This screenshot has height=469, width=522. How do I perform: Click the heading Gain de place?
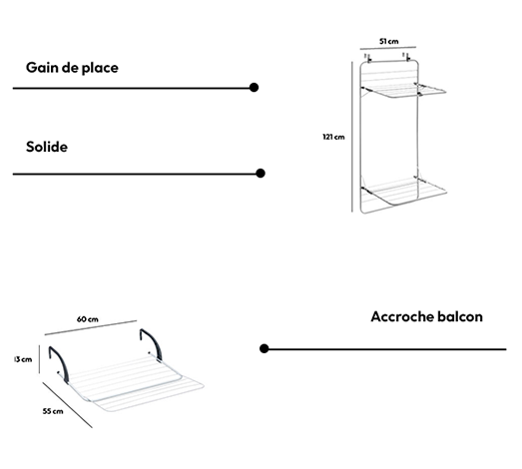pos(72,68)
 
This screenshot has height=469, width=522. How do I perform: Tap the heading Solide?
pos(47,147)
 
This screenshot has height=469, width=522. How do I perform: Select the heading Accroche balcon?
pos(427,316)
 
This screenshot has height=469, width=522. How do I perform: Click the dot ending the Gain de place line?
pos(254,88)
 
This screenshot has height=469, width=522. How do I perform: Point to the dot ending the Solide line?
pos(261,173)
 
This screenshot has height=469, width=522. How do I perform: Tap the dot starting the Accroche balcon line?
pos(264,348)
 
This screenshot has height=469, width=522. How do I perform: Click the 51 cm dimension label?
pos(389,41)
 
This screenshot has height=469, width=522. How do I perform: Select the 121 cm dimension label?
pos(333,137)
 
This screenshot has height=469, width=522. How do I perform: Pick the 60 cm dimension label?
pos(88,319)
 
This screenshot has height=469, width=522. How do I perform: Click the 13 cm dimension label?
pos(23,359)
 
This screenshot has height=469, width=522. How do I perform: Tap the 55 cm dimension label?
pos(53,411)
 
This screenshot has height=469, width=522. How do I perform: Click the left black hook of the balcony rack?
pos(59,364)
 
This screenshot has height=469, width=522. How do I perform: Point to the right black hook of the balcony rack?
pos(152,344)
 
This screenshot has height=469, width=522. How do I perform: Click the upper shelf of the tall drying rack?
pos(404,91)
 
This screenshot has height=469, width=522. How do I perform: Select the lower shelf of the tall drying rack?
pos(404,193)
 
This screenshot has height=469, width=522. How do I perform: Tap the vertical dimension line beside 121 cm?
pos(352,137)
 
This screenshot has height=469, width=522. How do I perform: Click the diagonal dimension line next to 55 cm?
pos(67,405)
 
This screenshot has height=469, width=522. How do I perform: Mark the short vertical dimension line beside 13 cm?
pos(39,359)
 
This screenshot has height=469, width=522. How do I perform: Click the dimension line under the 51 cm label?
pos(388,48)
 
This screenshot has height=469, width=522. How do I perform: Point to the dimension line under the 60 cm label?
pos(91,327)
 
